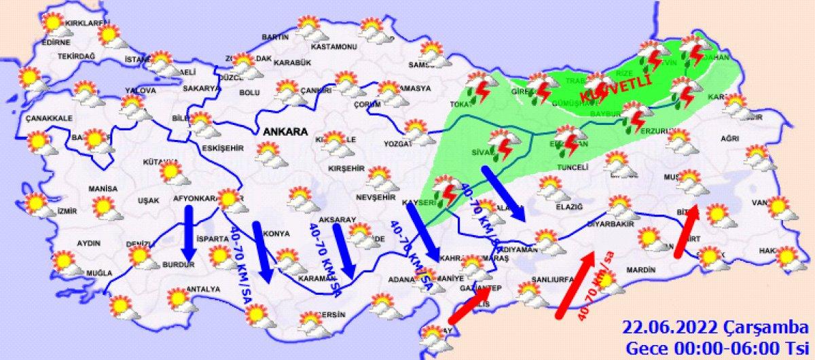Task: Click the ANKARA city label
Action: [282, 131]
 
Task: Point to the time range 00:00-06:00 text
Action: [706, 348]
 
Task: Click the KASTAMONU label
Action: [333, 48]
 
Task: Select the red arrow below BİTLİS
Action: [687, 232]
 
